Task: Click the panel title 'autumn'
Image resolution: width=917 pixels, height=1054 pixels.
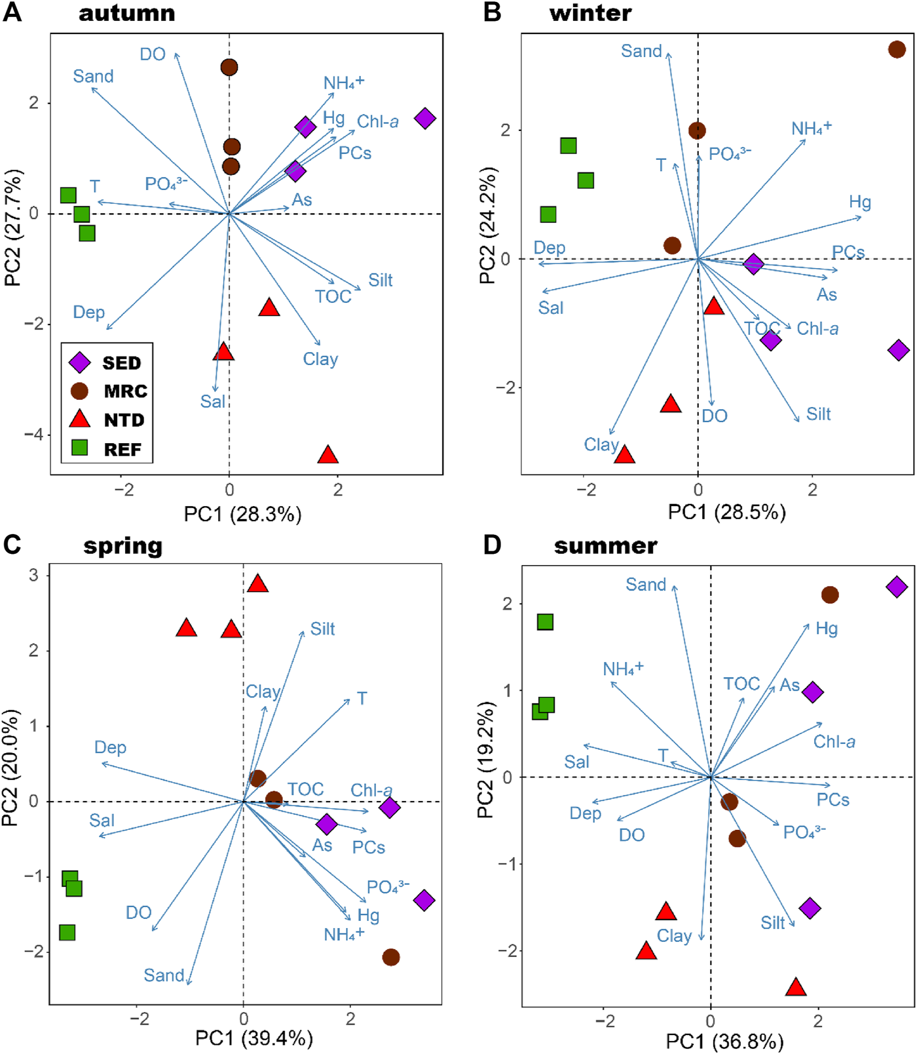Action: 127,13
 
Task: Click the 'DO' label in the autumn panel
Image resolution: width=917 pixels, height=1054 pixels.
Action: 153,54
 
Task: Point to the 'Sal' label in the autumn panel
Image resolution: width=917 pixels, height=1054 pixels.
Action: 212,401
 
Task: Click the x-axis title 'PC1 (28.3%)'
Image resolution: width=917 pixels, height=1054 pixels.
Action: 242,514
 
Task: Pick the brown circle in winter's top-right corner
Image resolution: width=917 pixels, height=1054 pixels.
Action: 897,49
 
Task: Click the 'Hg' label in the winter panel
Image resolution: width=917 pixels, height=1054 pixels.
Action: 860,201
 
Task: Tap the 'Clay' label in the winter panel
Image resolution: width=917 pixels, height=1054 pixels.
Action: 601,444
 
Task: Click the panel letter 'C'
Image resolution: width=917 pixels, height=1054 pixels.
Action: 12,545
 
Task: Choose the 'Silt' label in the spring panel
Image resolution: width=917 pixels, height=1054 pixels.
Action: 322,629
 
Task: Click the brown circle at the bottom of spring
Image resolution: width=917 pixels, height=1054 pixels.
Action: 391,957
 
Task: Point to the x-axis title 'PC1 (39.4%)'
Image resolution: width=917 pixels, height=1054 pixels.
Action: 254,1038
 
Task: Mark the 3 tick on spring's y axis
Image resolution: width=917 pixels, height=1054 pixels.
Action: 33,576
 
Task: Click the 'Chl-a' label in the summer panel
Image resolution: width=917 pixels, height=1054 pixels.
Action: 834,741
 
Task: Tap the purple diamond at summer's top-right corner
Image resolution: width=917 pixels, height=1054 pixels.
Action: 897,587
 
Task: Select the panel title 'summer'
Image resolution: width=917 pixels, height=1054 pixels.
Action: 605,546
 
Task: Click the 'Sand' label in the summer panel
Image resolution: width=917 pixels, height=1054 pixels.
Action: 645,584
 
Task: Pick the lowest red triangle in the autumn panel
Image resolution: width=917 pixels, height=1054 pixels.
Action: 327,455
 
